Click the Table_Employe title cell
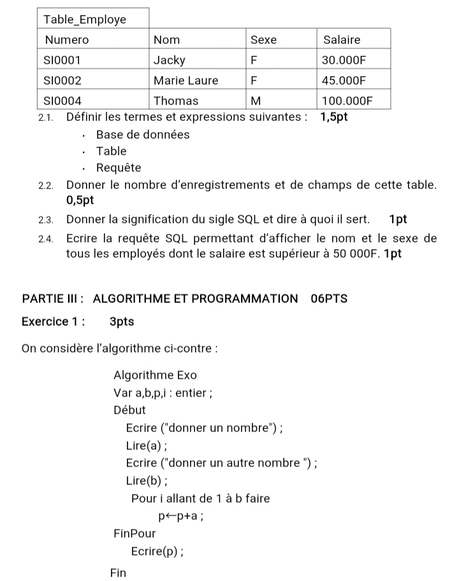pyautogui.click(x=84, y=19)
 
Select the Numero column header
pyautogui.click(x=67, y=39)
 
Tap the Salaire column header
pyautogui.click(x=342, y=39)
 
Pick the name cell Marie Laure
pyautogui.click(x=186, y=81)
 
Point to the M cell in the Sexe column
pyautogui.click(x=256, y=101)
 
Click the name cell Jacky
pyautogui.click(x=170, y=60)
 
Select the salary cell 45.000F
pyautogui.click(x=345, y=81)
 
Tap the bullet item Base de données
pyautogui.click(x=142, y=134)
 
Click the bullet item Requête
pyautogui.click(x=119, y=168)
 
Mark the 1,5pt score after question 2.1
pyautogui.click(x=334, y=117)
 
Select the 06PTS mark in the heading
pyautogui.click(x=329, y=298)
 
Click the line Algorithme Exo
pyautogui.click(x=155, y=375)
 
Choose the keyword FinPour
pyautogui.click(x=134, y=533)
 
